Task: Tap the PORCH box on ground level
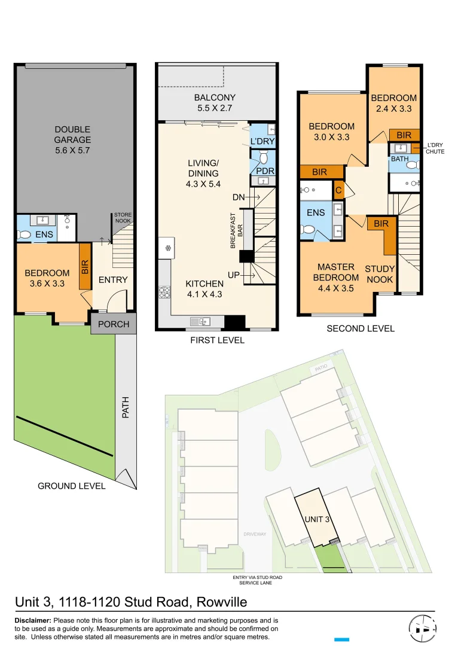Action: (114, 324)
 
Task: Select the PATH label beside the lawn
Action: (126, 407)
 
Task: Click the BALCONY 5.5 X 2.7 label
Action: (215, 103)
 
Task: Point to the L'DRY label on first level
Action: (262, 141)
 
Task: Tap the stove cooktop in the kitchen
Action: (164, 292)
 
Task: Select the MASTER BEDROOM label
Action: (336, 273)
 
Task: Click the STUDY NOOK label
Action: (379, 275)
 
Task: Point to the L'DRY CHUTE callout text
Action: (435, 149)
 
